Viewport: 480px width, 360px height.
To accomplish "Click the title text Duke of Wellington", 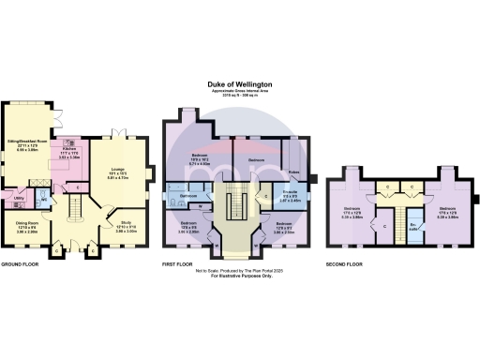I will pos(240,82).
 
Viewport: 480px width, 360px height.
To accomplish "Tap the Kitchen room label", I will pos(68,149).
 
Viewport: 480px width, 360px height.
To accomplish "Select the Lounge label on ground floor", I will pos(117,172).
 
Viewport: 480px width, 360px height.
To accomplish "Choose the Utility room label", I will pos(19,198).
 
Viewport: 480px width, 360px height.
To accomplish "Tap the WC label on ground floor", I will pos(43,200).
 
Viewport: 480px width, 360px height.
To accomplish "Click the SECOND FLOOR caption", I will pos(343,265).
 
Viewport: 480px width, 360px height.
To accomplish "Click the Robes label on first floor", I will pos(293,172).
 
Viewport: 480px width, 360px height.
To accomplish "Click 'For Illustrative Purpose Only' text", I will pos(240,277).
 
